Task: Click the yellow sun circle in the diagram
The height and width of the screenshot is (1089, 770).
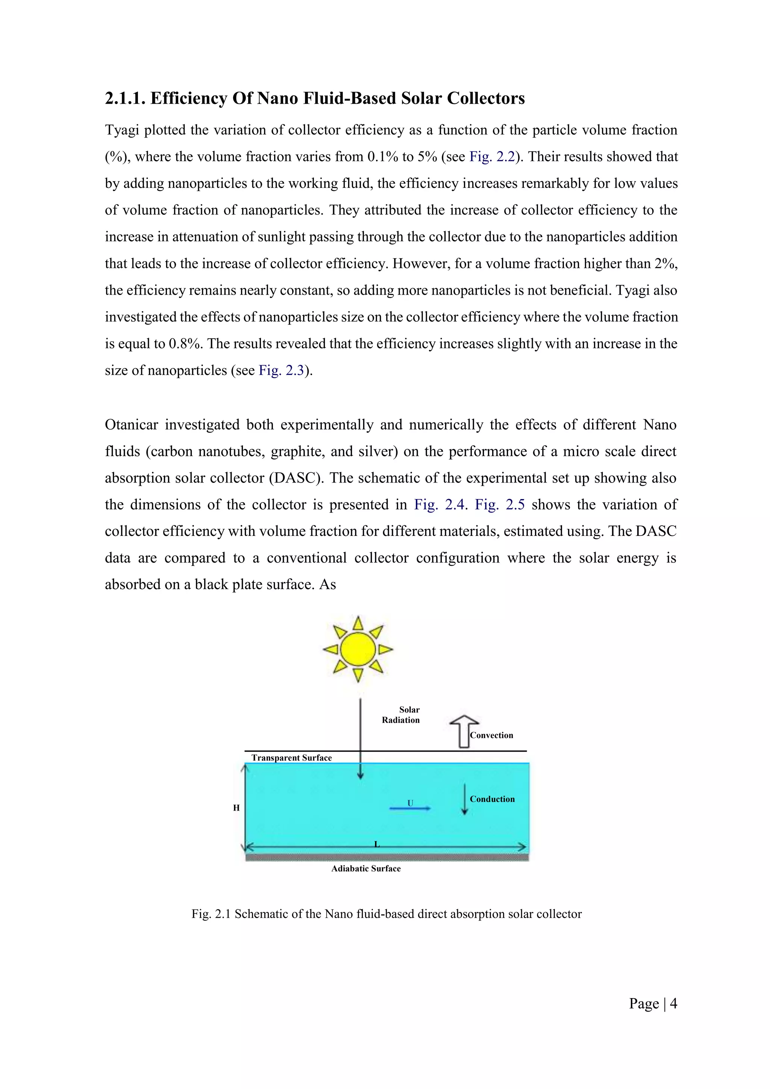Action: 358,649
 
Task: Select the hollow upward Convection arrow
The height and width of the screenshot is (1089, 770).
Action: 464,731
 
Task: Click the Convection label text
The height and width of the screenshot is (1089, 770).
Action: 491,735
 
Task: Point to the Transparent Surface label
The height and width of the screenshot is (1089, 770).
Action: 291,758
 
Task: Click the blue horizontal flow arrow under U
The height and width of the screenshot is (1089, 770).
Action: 409,808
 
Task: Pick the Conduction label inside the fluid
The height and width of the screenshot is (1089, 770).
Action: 492,799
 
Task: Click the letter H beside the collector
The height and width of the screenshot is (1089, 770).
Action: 236,808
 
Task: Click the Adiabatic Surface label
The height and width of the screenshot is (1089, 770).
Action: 366,868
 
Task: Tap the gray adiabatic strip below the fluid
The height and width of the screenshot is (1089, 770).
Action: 387,857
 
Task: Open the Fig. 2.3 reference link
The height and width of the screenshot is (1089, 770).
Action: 281,371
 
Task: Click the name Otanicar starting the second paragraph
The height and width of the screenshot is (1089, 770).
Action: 132,425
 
